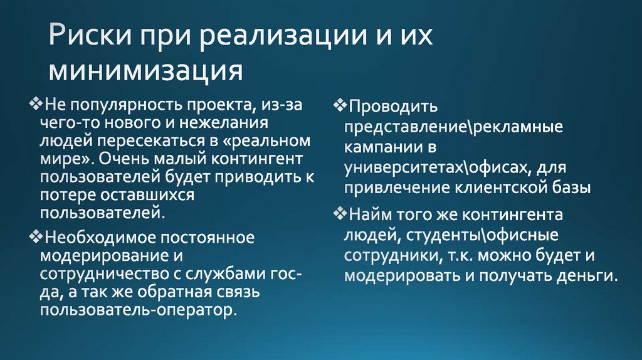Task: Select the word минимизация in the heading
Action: [x=146, y=70]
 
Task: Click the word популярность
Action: [x=127, y=105]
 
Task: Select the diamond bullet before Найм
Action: [x=339, y=214]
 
